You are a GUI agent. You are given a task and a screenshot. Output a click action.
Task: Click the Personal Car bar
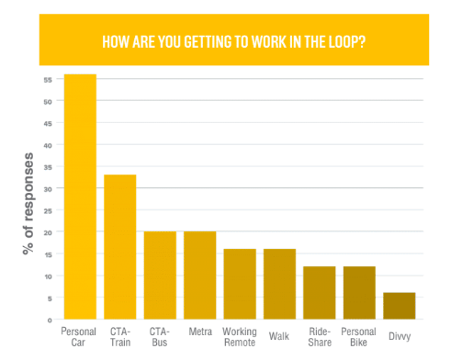coord(80,197)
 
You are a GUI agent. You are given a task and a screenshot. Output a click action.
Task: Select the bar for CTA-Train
coord(120,247)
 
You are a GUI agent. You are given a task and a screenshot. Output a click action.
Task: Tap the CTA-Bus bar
coord(160,276)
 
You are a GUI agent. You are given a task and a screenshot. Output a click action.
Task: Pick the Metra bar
coord(200,276)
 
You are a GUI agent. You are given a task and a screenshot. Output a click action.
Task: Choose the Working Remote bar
coord(240,284)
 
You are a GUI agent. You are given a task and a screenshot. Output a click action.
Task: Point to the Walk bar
coord(279,284)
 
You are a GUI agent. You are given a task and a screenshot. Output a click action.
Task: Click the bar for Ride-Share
coord(320,293)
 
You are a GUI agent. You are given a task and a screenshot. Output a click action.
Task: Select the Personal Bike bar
coord(359,293)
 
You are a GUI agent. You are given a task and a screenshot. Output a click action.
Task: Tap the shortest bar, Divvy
coord(400,306)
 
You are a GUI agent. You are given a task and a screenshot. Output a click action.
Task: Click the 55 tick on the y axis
coord(48,80)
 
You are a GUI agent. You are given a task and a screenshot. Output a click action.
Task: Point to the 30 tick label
coord(48,189)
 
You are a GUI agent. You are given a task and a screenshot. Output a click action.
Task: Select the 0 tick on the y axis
coord(50,321)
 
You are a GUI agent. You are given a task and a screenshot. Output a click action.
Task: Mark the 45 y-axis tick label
coord(48,124)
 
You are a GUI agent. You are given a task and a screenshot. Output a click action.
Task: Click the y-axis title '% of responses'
coord(28,204)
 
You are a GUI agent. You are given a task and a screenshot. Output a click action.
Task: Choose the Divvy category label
coord(400,336)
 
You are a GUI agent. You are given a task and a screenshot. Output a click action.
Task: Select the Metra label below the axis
coord(200,332)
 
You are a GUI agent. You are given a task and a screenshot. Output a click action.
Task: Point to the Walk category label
coord(279,336)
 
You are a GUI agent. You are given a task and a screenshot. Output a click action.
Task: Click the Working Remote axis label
coord(240,337)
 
